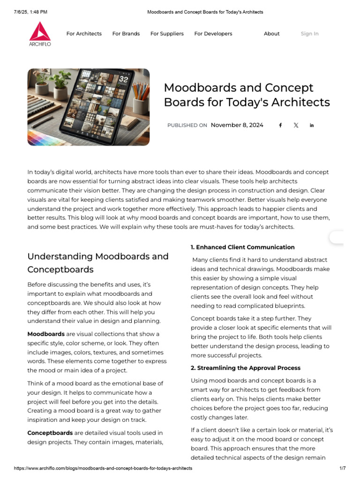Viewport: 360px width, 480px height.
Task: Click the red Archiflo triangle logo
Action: (40, 31)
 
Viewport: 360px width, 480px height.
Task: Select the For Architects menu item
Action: (84, 34)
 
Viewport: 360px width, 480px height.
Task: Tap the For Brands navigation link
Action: (126, 34)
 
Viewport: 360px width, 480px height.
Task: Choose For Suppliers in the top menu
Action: (167, 34)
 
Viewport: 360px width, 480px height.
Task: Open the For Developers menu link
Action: (213, 34)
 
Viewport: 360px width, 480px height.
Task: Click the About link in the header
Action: (271, 34)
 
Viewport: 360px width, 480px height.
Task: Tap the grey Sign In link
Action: (309, 34)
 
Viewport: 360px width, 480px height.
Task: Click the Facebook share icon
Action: (280, 125)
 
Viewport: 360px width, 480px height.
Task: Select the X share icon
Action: (296, 125)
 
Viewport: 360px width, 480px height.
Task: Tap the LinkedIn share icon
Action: (312, 125)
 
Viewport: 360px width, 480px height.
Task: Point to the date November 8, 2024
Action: (237, 125)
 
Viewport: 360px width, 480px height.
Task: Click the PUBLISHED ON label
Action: (187, 126)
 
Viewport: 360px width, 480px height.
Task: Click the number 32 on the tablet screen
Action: (123, 80)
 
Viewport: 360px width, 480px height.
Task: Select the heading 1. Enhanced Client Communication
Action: (242, 247)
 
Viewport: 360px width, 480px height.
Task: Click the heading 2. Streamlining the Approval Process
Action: (245, 368)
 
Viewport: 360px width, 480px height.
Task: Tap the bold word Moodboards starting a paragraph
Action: (46, 334)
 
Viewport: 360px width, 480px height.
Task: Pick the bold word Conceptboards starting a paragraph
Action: (50, 433)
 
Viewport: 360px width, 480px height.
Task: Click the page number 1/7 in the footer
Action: (342, 468)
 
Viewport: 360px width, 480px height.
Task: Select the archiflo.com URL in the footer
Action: (103, 468)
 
